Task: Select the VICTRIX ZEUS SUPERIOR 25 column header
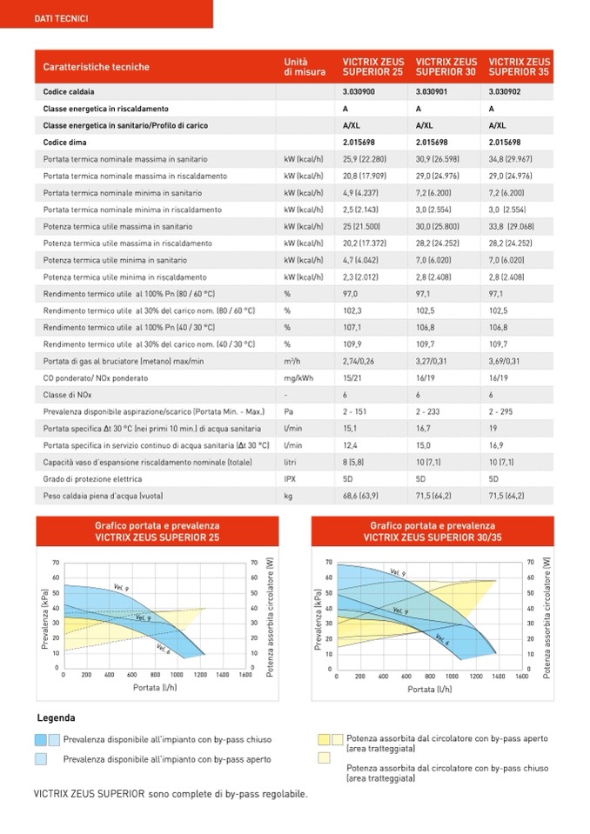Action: (x=372, y=67)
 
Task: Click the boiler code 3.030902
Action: (x=505, y=90)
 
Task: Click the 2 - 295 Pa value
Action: (x=506, y=411)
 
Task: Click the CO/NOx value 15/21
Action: (x=352, y=378)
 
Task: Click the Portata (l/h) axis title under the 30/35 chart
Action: (x=432, y=689)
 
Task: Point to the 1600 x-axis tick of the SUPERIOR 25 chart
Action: (x=246, y=675)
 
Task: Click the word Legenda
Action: (x=56, y=718)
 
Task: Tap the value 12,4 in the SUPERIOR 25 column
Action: (x=352, y=445)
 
